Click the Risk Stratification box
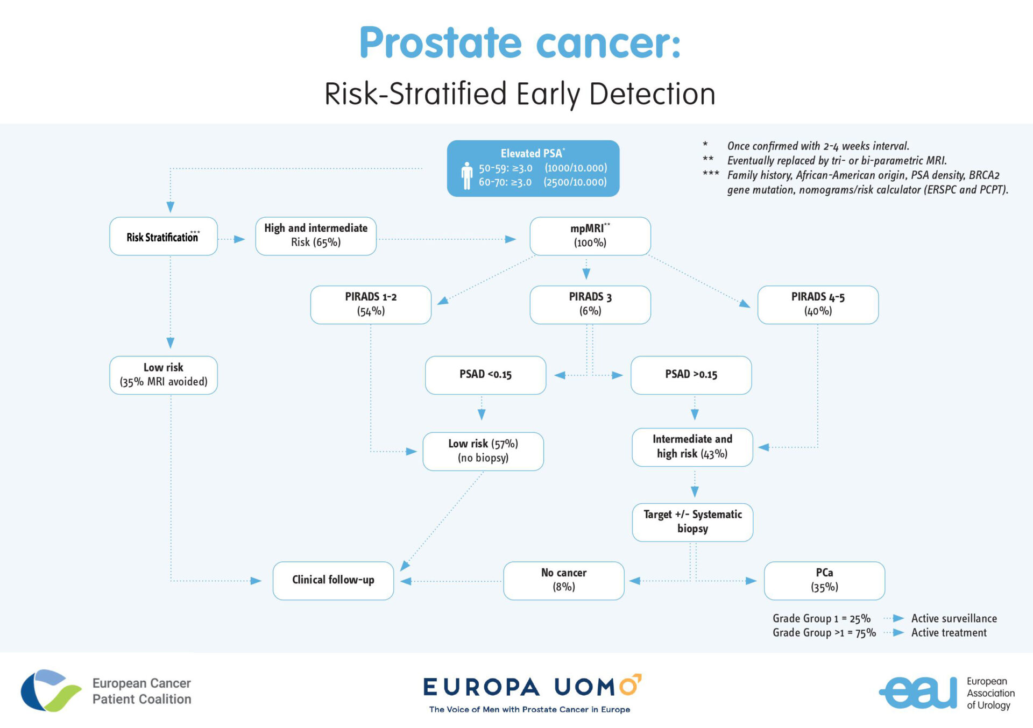click(x=163, y=236)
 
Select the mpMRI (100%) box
click(x=590, y=236)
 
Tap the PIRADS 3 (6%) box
click(x=590, y=304)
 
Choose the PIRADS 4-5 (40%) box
click(x=817, y=304)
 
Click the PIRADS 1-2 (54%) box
click(x=370, y=304)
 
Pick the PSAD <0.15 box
click(x=485, y=375)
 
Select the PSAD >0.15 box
click(x=690, y=375)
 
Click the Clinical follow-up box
click(x=332, y=580)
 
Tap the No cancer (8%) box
click(x=563, y=580)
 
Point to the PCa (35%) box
click(x=824, y=580)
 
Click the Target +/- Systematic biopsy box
click(x=692, y=522)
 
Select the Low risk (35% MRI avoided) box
click(x=163, y=375)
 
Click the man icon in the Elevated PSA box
click(x=466, y=175)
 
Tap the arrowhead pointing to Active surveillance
click(x=898, y=618)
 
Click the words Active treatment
click(x=949, y=633)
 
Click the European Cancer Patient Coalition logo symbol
click(x=49, y=690)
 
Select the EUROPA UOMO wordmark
click(x=532, y=687)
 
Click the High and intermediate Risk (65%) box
click(x=315, y=236)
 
